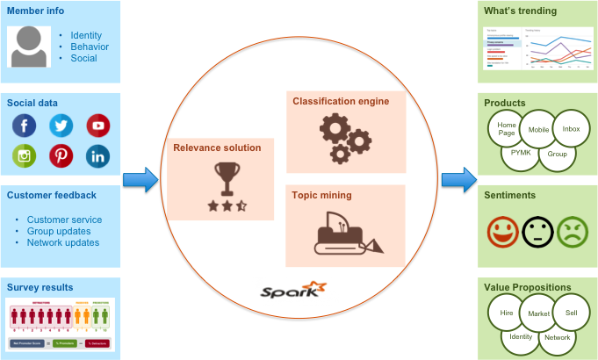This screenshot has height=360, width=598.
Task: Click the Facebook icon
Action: click(x=25, y=126)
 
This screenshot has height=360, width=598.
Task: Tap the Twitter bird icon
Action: click(x=61, y=126)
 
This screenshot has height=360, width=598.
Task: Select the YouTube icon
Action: click(x=98, y=126)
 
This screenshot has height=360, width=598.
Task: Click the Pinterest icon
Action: click(x=61, y=157)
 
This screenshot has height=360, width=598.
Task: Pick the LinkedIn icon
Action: click(x=98, y=157)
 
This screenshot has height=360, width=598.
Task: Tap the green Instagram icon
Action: click(x=25, y=157)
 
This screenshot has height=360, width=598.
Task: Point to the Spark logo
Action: click(x=294, y=290)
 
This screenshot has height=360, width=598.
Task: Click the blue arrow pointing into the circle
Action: click(x=140, y=181)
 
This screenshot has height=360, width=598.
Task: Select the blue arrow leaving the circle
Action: click(x=458, y=181)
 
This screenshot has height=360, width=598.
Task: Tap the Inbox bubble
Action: click(x=571, y=129)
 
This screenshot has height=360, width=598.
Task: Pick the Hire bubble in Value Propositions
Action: click(x=506, y=312)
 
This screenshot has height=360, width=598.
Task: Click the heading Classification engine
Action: click(x=341, y=101)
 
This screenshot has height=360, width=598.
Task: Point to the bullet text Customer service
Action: click(x=64, y=220)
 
